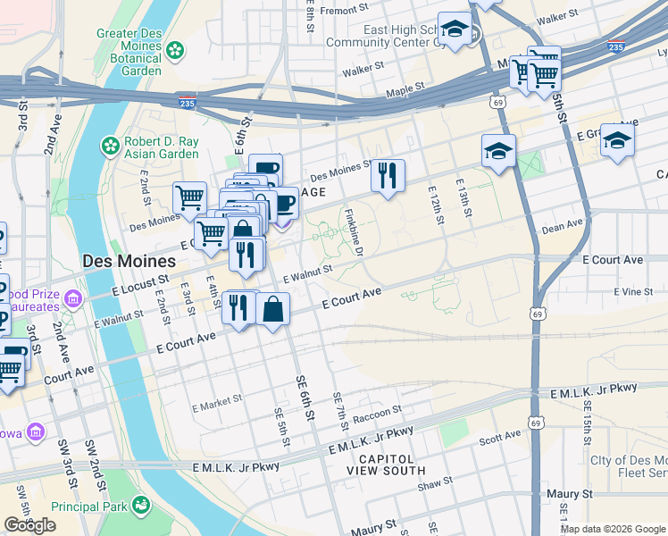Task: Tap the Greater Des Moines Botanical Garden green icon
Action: coord(176,48)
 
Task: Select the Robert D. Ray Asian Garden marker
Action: coord(109,145)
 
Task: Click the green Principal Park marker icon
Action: coord(140,507)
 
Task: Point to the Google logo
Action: coord(29,525)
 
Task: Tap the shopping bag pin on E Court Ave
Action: coord(272,309)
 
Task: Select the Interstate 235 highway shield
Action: coord(187,102)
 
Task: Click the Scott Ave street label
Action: coord(500,436)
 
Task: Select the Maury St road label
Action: coord(571,494)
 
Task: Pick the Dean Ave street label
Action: coord(562,228)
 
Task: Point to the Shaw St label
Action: coord(436,482)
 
